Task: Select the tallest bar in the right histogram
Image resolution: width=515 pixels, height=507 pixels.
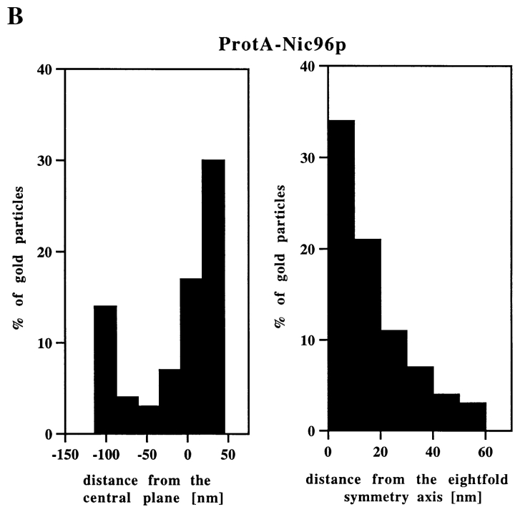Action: tap(341, 275)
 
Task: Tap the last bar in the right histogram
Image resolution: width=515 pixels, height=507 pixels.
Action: tap(473, 416)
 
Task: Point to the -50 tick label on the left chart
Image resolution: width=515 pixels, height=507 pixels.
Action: tap(147, 453)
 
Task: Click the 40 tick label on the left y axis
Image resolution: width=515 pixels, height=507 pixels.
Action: tap(45, 69)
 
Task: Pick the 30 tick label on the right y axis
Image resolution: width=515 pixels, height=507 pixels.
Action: tap(308, 157)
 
